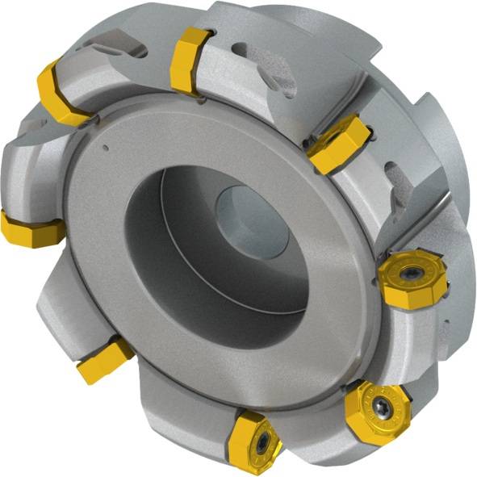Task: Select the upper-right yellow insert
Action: click(x=337, y=143)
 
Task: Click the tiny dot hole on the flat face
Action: click(x=105, y=147)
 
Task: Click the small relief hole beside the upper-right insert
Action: click(x=306, y=146)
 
